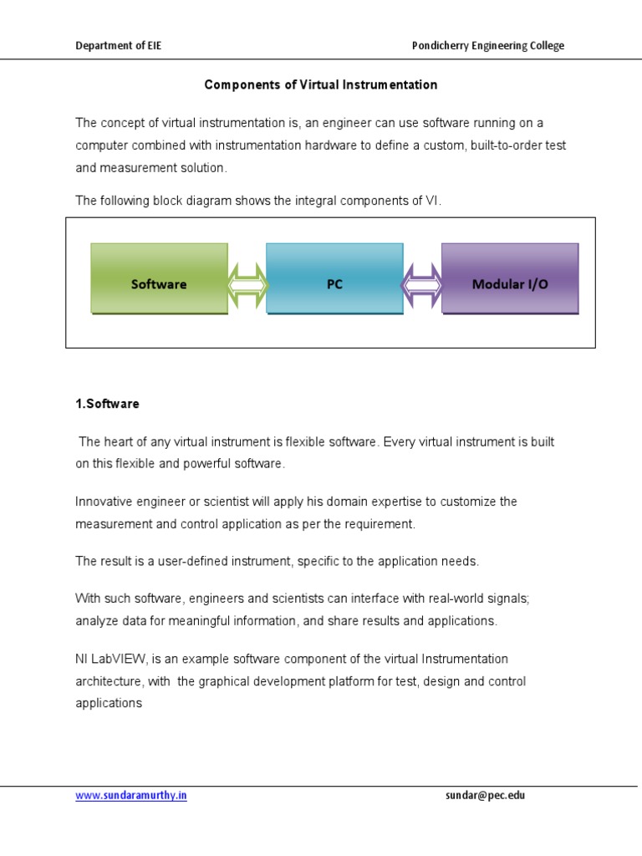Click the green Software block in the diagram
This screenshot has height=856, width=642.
pos(159,278)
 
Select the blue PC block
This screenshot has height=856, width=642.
pos(334,278)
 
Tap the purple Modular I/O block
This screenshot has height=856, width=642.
pos(510,278)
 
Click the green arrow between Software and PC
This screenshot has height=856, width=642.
pos(247,285)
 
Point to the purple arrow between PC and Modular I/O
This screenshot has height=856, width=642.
pos(422,285)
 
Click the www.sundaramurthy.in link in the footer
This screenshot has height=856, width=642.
pos(131,796)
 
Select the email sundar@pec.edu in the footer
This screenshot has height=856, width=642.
pos(485,796)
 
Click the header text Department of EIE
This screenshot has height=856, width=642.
pos(119,46)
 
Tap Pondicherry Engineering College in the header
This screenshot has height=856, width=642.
pos(488,46)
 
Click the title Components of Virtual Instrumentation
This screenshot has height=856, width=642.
pos(321,85)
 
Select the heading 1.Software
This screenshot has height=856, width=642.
pos(108,404)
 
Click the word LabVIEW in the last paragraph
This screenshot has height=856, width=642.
pos(115,660)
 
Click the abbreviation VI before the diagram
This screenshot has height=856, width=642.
pos(431,201)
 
